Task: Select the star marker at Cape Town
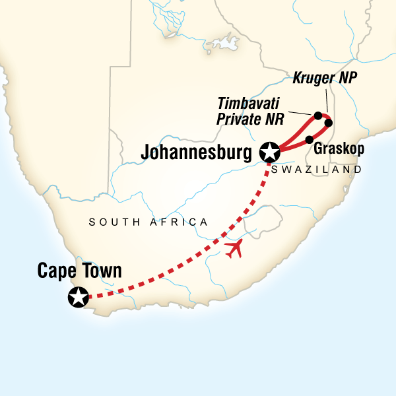78,298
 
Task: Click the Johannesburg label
195,153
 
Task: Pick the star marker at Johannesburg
269,152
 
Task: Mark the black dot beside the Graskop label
309,139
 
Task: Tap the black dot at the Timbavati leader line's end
318,115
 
